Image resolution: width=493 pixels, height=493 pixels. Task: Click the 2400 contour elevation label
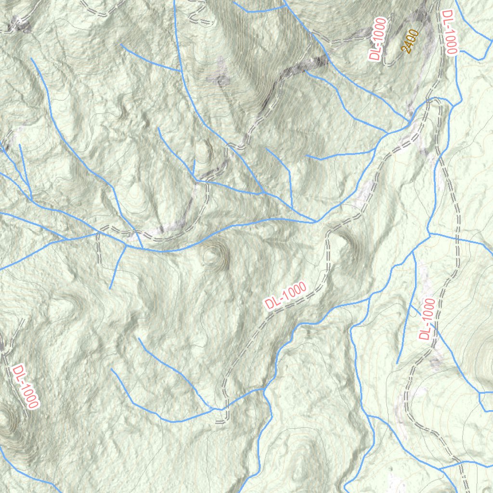click(x=410, y=41)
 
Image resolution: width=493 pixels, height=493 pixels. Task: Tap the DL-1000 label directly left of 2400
click(x=378, y=39)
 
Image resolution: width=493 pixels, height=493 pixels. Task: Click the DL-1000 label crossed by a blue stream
click(x=427, y=319)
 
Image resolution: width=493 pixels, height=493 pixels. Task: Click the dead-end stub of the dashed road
click(x=221, y=422)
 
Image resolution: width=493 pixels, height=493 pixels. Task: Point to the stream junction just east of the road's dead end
click(x=264, y=388)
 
